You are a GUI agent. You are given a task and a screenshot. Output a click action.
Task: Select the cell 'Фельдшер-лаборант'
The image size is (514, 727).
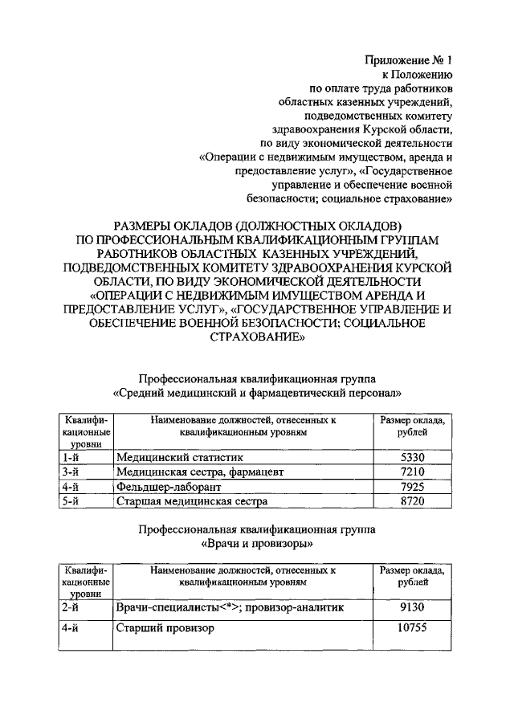click(168, 487)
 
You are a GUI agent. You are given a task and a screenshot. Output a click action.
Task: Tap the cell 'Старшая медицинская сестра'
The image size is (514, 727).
click(191, 502)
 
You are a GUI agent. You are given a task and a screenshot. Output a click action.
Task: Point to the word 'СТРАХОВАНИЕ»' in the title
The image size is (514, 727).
click(257, 338)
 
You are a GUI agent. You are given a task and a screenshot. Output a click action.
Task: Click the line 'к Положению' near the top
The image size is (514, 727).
click(425, 75)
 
